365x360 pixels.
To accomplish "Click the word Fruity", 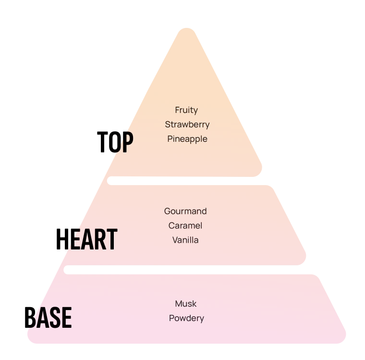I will point(186,110).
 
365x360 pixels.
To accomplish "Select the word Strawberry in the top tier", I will point(187,124).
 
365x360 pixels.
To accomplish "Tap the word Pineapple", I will point(187,139).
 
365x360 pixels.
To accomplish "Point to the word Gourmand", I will point(185,211).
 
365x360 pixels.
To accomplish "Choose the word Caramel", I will point(185,225).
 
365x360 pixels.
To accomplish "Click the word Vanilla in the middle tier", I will point(185,240).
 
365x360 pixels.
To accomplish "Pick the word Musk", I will point(186,304).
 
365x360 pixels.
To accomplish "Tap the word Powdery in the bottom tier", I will point(186,318).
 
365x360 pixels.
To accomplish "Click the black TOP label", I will point(115,142).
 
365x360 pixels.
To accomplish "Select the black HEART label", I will point(86,239).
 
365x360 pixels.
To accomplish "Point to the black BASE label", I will point(48,317).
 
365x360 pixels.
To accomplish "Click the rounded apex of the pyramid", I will point(187,32).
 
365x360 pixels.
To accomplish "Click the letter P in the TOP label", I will point(126,142).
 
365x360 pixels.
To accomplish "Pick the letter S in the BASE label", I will point(55,317).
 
